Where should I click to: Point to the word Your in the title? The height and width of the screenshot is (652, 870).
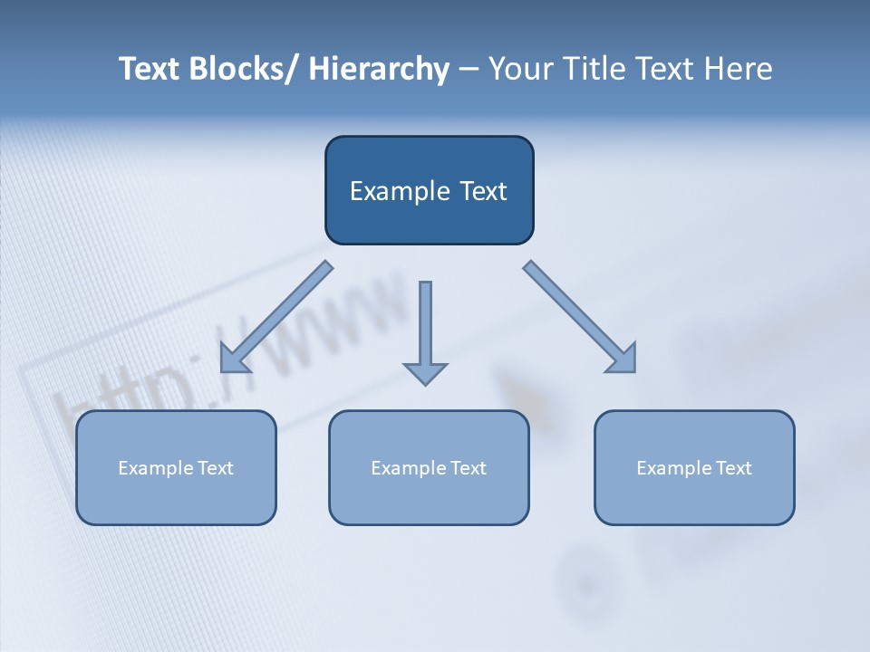coord(516,69)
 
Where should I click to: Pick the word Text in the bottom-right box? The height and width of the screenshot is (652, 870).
coord(733,468)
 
